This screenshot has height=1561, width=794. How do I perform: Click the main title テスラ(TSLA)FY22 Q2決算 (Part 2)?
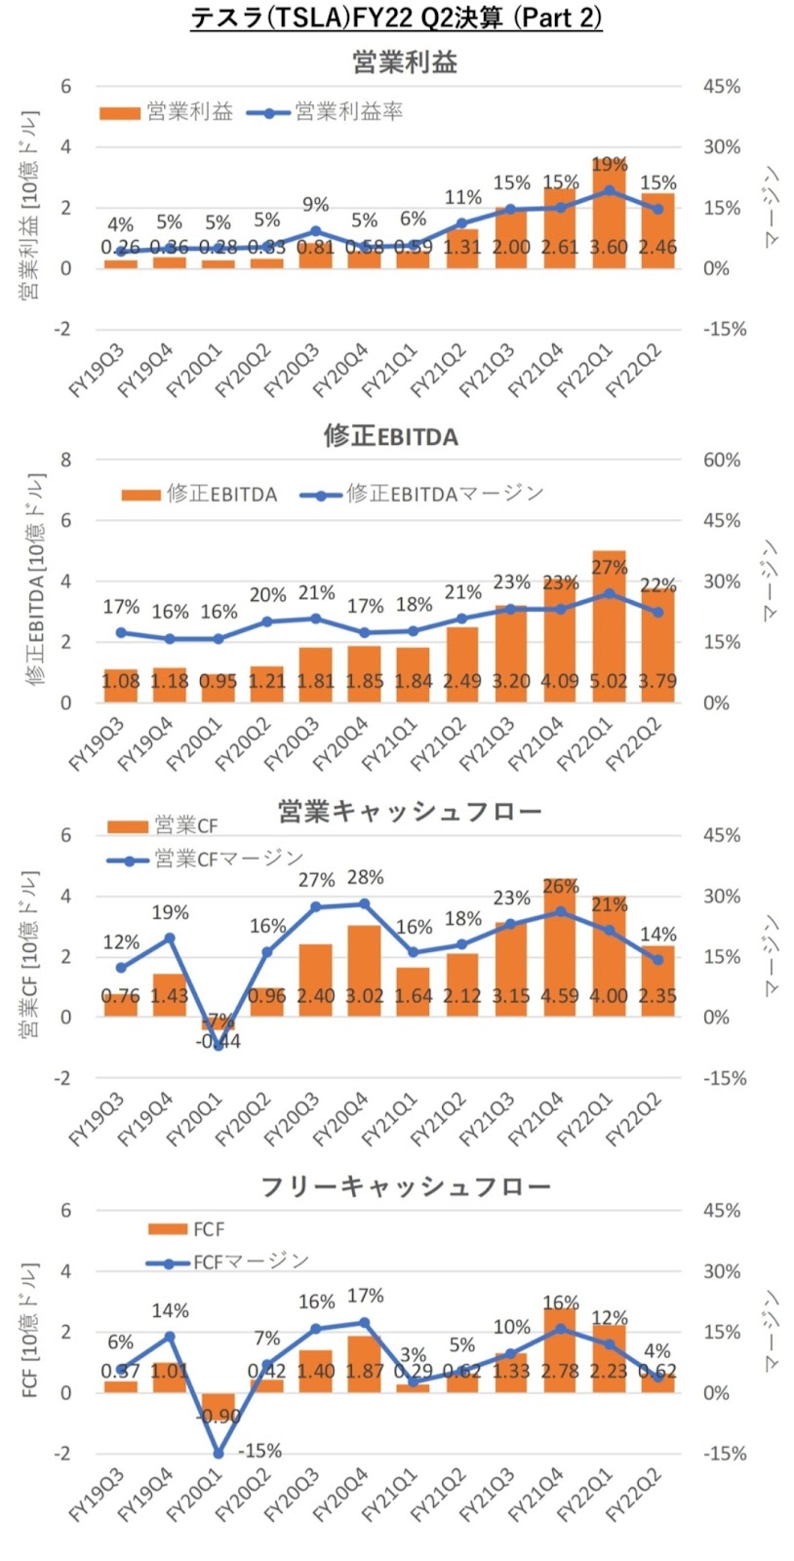(x=396, y=18)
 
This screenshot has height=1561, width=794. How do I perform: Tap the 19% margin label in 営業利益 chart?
(x=609, y=164)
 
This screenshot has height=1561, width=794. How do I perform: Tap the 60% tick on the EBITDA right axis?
(x=722, y=460)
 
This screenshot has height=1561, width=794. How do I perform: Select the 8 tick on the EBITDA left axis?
(x=66, y=460)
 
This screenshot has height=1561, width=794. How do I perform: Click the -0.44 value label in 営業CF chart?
(x=218, y=1041)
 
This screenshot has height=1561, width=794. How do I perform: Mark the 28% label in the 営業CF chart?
(x=365, y=878)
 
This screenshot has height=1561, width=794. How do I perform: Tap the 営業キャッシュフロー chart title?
(x=410, y=811)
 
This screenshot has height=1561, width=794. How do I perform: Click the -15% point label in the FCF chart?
(x=259, y=1451)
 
